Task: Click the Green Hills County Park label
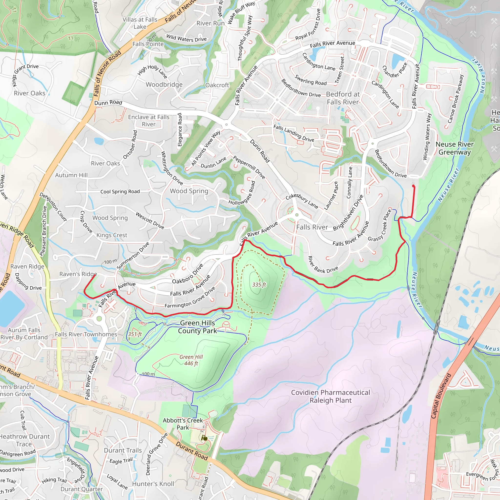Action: tap(198, 327)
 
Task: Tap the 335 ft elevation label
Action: tap(259, 285)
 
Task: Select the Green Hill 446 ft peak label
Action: tap(191, 360)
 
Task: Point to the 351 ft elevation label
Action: tap(135, 334)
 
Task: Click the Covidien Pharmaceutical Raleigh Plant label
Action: tap(331, 396)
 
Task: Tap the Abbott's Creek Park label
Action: tap(183, 424)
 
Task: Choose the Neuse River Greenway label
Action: tap(454, 148)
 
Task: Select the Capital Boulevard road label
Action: tap(441, 396)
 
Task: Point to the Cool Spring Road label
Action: tap(120, 191)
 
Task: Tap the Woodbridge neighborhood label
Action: tap(164, 85)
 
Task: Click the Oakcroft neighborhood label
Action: tap(217, 85)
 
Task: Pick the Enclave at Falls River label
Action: tap(149, 121)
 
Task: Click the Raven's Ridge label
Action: tap(78, 274)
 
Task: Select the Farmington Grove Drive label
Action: tap(190, 298)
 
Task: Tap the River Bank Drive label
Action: tap(323, 265)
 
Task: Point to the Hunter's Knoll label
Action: tap(153, 484)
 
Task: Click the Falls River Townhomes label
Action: tap(86, 334)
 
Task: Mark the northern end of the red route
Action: tap(413, 186)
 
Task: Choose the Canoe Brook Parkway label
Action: tap(456, 99)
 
